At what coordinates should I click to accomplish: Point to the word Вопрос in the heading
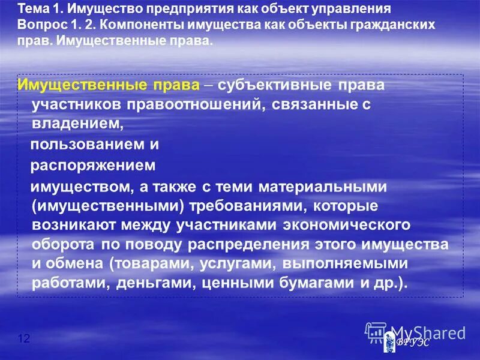38,27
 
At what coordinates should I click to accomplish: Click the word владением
76,124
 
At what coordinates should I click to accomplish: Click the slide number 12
24,339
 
